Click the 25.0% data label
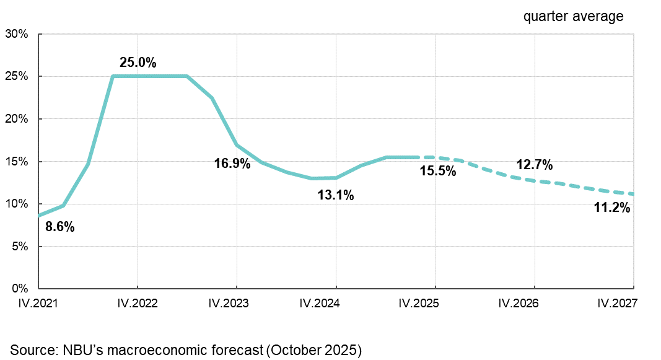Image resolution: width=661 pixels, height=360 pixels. (x=138, y=63)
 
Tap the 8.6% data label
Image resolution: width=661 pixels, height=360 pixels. (x=60, y=227)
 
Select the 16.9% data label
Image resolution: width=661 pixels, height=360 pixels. (x=232, y=164)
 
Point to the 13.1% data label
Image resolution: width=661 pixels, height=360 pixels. (x=336, y=195)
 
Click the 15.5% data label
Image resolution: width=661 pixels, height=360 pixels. (x=438, y=171)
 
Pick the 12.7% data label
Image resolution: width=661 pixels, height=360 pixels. (x=534, y=165)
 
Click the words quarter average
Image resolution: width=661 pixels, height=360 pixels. (x=573, y=17)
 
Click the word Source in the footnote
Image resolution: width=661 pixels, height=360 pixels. (x=30, y=349)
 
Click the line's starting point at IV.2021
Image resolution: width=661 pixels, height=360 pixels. (x=39, y=216)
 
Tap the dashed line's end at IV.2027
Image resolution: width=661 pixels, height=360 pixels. (x=633, y=193)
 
